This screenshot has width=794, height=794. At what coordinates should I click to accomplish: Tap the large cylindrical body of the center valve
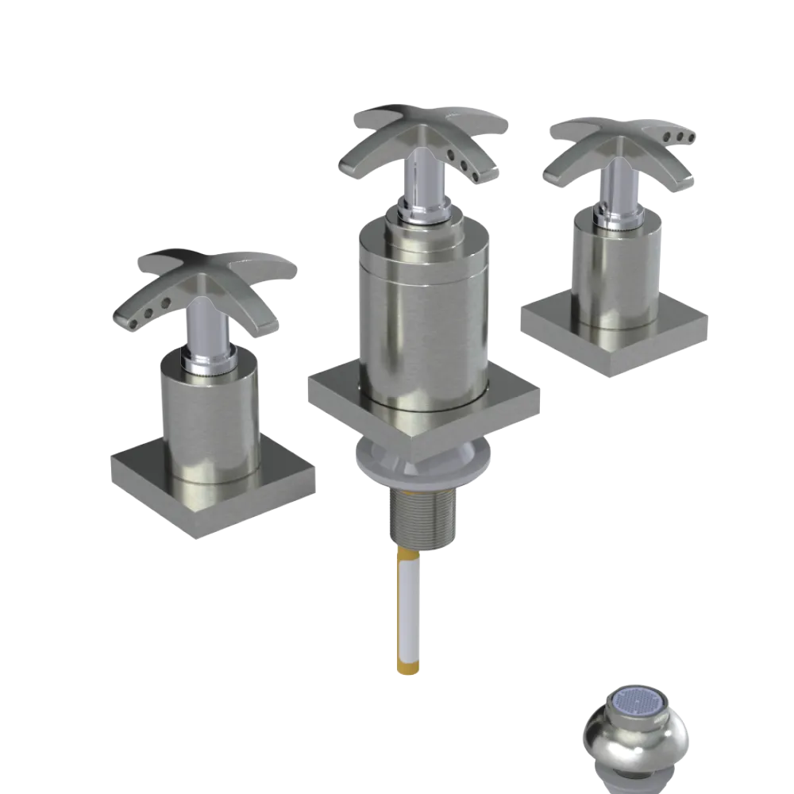point(421,318)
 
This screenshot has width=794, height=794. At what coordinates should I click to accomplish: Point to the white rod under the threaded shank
point(410,603)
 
